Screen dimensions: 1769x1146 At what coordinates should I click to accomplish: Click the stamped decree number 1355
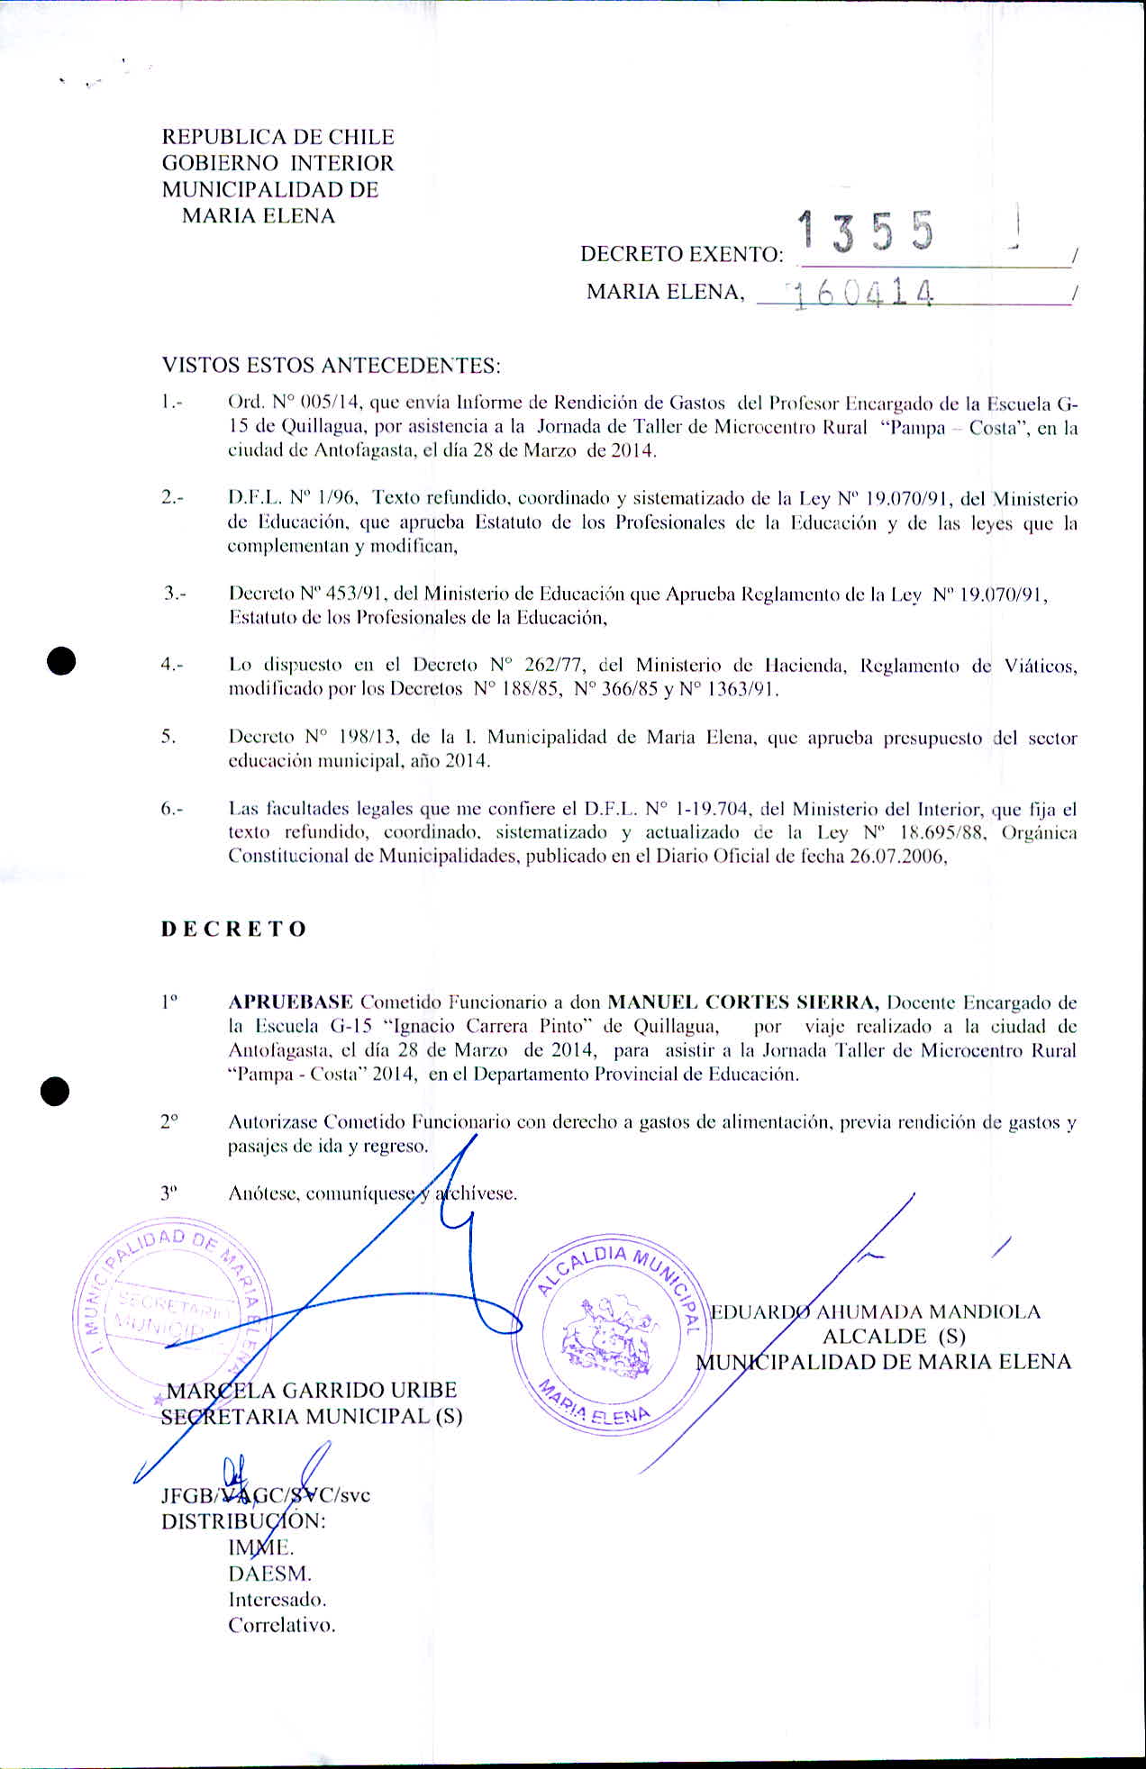(x=866, y=232)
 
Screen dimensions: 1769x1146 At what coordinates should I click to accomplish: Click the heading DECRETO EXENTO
(x=681, y=255)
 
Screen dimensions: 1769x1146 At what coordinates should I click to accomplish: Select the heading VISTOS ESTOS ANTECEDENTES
(x=331, y=366)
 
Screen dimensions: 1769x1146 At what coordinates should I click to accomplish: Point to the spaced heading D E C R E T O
(x=234, y=930)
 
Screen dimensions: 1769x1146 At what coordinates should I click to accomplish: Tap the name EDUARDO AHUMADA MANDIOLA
(x=876, y=1311)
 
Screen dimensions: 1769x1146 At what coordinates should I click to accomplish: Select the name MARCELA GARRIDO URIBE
(x=312, y=1391)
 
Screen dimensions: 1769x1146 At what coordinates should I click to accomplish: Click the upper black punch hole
(x=61, y=661)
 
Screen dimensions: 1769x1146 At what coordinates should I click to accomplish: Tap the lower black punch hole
(x=55, y=1091)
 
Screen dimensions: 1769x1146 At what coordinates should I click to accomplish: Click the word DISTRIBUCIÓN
(x=243, y=1521)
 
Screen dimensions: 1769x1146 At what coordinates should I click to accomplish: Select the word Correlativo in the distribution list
(x=281, y=1626)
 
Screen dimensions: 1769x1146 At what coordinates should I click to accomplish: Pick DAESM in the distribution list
(x=269, y=1574)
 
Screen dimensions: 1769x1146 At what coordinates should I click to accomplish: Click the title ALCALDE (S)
(x=893, y=1337)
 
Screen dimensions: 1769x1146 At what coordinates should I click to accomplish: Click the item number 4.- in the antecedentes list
(x=172, y=665)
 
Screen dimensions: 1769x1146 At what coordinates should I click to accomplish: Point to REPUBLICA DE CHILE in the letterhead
(x=277, y=137)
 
